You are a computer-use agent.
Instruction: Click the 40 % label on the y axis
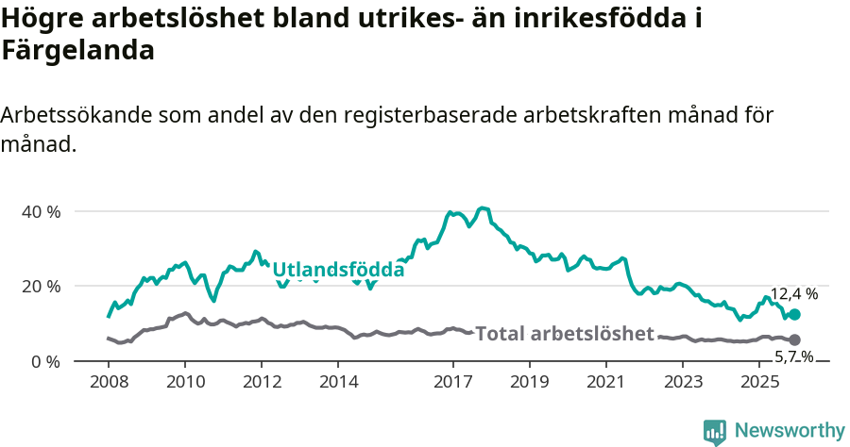41,211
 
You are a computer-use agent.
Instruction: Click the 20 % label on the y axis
41,286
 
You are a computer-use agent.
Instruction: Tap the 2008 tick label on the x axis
109,382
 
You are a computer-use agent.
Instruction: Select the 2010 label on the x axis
185,382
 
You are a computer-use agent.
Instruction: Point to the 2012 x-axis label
262,382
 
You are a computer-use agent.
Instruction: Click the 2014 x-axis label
338,382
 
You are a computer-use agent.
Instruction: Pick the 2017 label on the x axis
452,382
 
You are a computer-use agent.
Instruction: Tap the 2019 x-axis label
529,382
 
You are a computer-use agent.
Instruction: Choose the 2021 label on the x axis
605,382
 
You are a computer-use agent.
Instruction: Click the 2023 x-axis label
683,382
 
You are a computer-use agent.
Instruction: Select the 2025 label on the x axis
759,382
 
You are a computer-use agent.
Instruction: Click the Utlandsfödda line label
338,270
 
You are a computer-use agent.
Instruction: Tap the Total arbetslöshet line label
564,334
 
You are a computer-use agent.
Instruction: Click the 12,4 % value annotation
793,294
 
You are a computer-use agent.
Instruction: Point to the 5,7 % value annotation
793,356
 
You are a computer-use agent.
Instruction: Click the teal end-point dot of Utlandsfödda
794,315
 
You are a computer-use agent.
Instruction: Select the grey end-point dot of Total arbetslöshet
794,339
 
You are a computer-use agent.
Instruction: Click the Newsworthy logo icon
715,432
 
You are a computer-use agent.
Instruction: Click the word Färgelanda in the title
77,51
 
